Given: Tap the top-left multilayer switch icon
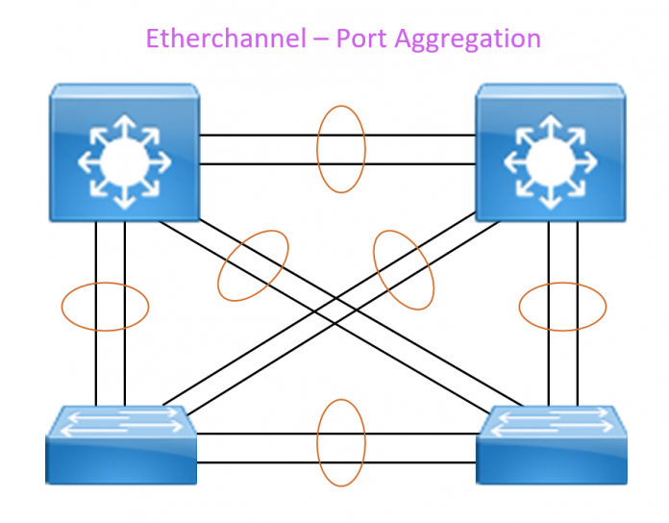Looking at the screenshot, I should click(123, 152).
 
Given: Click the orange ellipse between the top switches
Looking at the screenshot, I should click(341, 149).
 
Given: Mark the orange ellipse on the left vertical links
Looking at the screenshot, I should click(105, 307).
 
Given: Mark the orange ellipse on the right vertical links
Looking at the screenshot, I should click(562, 307).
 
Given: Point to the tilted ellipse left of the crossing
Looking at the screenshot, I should click(253, 265).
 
